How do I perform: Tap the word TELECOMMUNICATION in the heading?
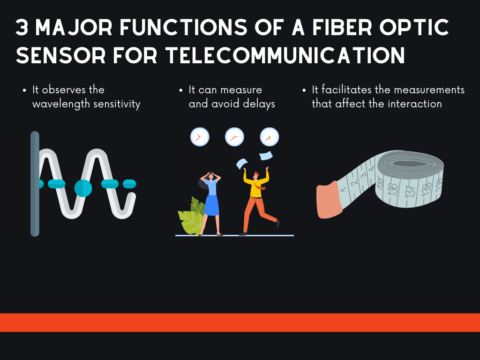click(x=285, y=55)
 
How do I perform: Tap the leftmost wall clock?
click(x=200, y=137)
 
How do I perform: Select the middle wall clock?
click(x=234, y=137)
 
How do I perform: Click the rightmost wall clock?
click(x=270, y=137)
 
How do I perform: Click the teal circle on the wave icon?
click(x=83, y=188)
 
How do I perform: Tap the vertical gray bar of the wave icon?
click(x=35, y=184)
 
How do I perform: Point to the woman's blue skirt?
click(x=211, y=205)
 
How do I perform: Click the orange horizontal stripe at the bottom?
click(x=240, y=322)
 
